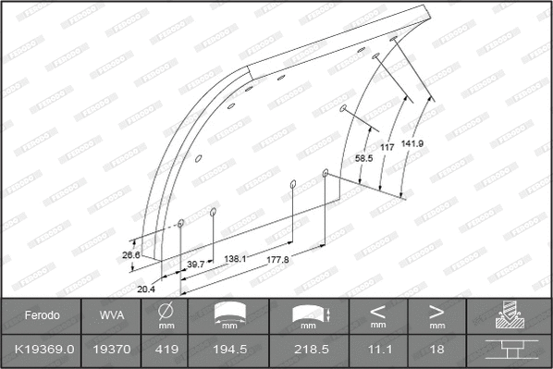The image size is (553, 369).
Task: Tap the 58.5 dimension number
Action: pyautogui.click(x=364, y=159)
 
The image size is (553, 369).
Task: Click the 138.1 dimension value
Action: pyautogui.click(x=236, y=259)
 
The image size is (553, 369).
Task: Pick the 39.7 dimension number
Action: pyautogui.click(x=195, y=264)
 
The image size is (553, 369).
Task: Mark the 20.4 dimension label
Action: pyautogui.click(x=146, y=289)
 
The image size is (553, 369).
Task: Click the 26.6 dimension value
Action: pyautogui.click(x=130, y=255)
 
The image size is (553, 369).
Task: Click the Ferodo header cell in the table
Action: pyautogui.click(x=42, y=315)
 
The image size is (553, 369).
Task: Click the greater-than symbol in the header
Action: pyautogui.click(x=436, y=311)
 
